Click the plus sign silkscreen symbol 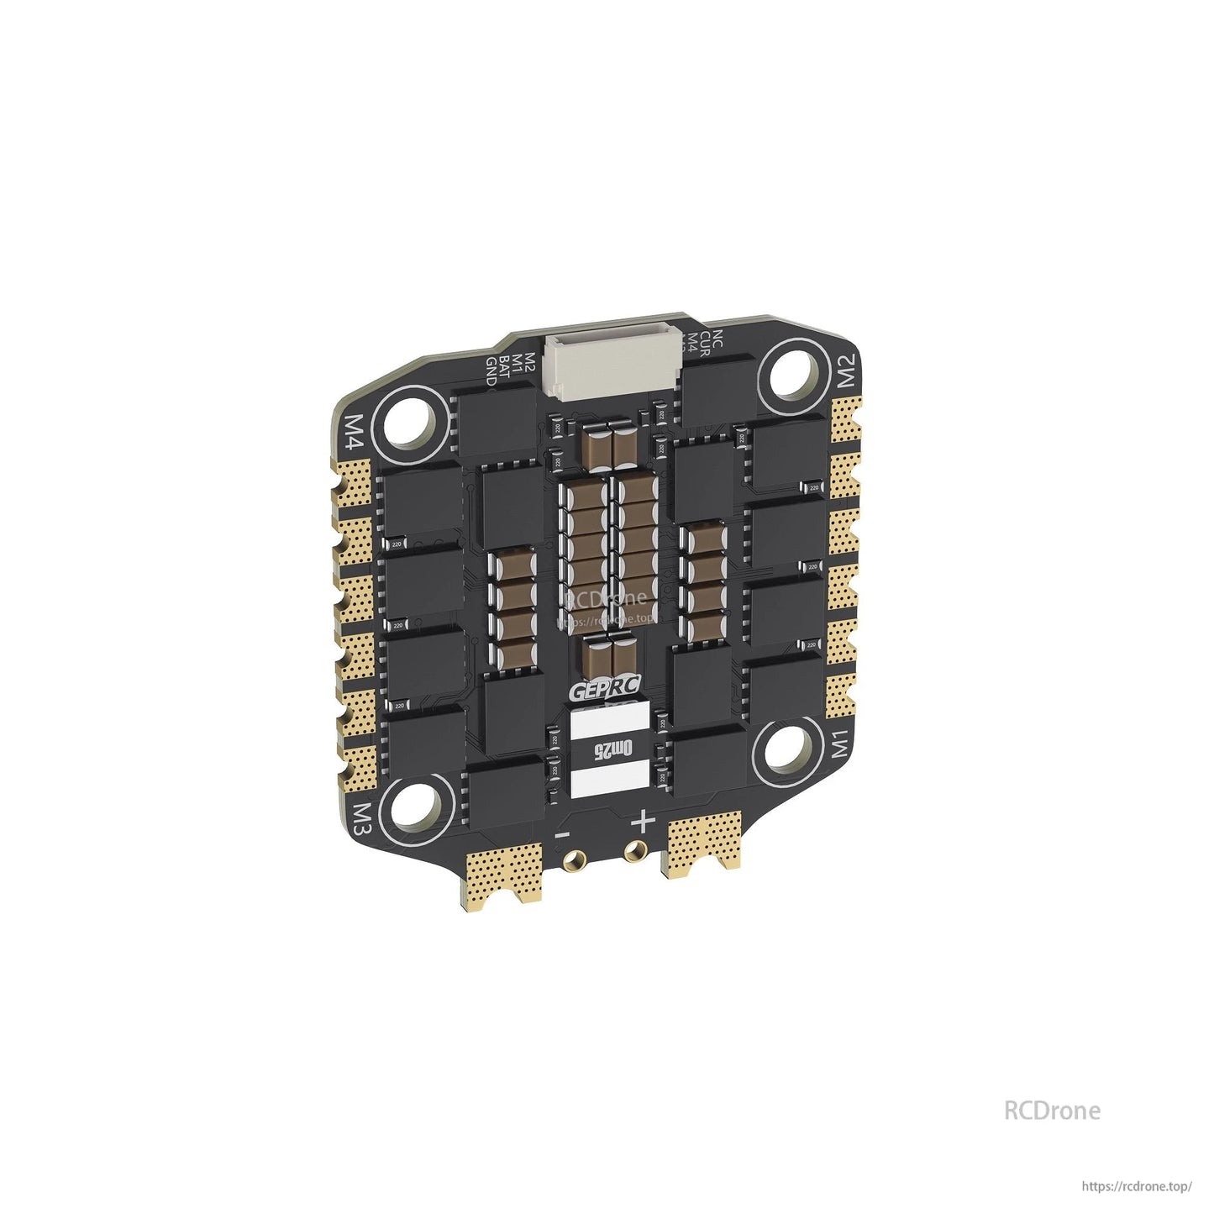[643, 821]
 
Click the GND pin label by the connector [491, 371]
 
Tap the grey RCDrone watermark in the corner [1051, 1110]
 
